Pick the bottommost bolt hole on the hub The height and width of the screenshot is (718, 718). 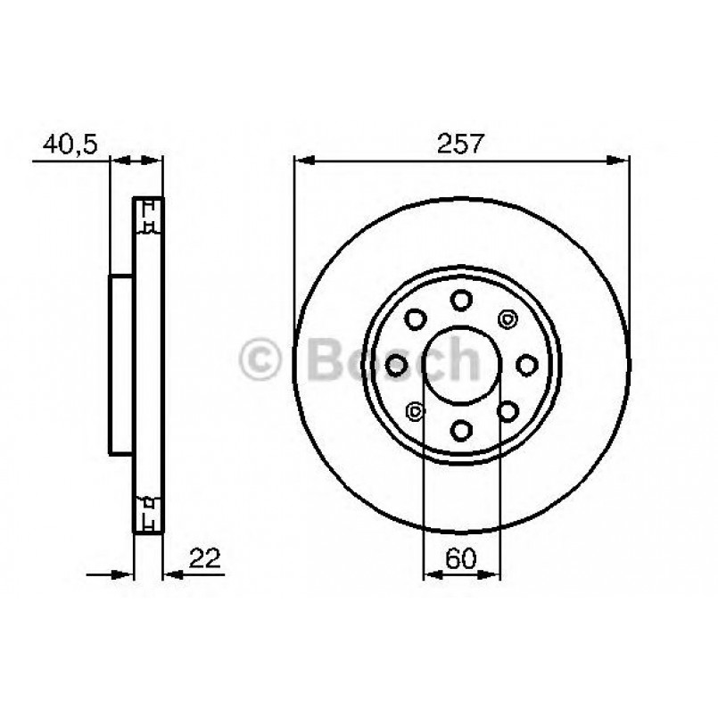click(x=461, y=431)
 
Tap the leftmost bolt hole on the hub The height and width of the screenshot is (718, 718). click(x=395, y=364)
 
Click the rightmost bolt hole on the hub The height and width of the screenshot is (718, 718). click(x=527, y=364)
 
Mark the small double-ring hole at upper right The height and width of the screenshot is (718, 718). click(x=508, y=318)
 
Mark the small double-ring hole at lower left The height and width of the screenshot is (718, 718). click(x=414, y=410)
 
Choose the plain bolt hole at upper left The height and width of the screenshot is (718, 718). click(x=414, y=318)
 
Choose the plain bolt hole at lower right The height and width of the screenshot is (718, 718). click(x=508, y=410)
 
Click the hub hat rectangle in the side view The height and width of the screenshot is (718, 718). click(x=121, y=364)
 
